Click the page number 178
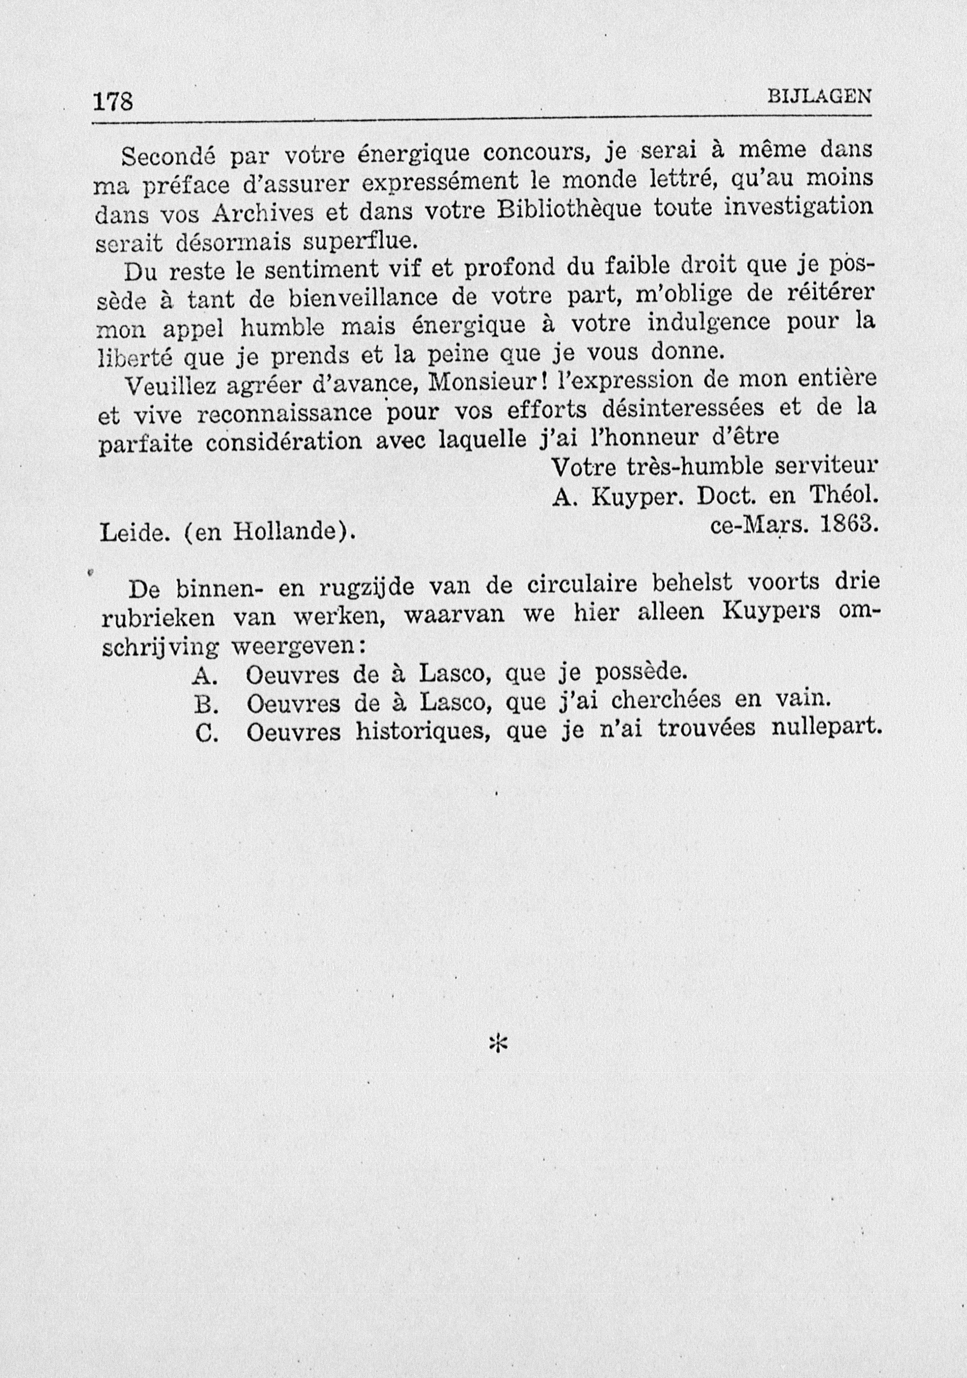click(112, 101)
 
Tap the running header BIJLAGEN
click(819, 96)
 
